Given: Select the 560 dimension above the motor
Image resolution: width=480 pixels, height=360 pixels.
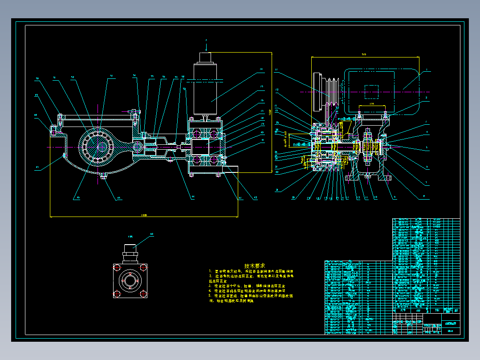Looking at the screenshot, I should pos(364,55).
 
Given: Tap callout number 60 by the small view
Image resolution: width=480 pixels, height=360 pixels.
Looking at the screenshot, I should pos(152,234).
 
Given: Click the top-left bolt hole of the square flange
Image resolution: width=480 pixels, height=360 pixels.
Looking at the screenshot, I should pos(117,267).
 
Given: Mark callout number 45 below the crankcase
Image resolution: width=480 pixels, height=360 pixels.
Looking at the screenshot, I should pos(118,199).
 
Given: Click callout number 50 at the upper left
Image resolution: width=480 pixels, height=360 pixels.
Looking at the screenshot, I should pos(37,78).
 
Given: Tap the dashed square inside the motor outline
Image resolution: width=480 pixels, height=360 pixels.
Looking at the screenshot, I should pos(371,92).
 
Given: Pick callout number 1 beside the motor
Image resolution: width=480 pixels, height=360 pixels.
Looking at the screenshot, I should pos(426,70).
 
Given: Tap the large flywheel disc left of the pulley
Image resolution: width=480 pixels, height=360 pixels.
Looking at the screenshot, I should pos(317,92).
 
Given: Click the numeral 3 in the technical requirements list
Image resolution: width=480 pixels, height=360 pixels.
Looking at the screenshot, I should pos(210,286).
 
